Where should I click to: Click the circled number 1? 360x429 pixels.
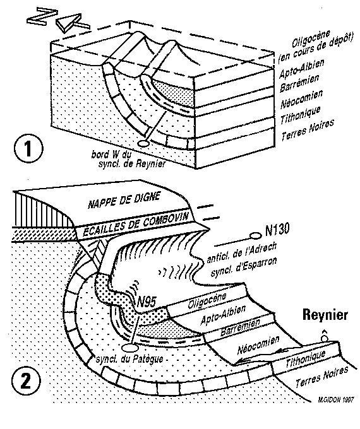[28, 150]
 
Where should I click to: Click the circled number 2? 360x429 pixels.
[25, 380]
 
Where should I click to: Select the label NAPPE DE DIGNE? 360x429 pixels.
[124, 200]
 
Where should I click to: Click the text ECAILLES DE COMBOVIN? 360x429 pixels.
[136, 225]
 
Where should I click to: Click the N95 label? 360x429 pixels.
[147, 302]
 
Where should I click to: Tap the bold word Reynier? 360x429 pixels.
[325, 315]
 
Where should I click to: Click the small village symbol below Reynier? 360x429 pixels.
[325, 336]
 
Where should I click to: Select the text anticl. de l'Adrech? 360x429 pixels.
[241, 253]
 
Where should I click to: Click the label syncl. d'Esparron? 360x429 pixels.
[244, 267]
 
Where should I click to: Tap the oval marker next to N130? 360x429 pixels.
[256, 235]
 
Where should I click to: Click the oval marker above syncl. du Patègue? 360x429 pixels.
[129, 348]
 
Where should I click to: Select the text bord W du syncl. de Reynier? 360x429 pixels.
[128, 159]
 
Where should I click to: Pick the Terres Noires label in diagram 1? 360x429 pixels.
[308, 130]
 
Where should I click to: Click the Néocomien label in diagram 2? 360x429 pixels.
[258, 345]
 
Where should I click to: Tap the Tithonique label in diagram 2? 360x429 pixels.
[305, 359]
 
